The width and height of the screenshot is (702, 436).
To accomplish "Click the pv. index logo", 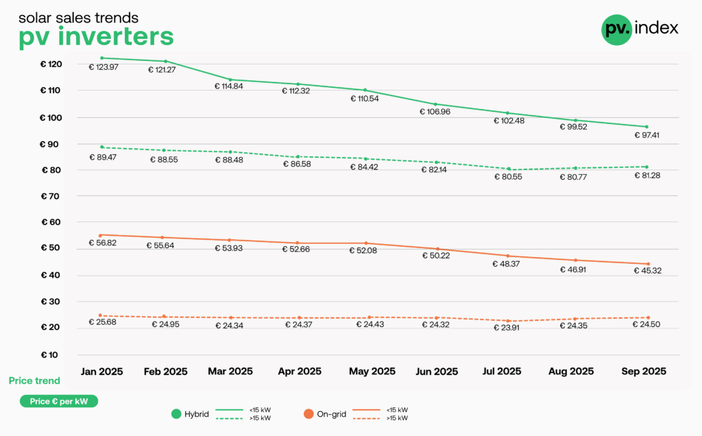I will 640,29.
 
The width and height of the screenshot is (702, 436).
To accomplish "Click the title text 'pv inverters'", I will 96,36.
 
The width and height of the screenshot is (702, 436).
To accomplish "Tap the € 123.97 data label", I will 104,67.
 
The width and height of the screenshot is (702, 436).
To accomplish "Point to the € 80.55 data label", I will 509,178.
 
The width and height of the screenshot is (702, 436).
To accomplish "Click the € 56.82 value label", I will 104,243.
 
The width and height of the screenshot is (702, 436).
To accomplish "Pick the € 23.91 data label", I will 509,328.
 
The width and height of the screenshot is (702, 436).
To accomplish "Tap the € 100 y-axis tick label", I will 51,117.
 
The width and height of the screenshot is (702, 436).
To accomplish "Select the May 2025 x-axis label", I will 372,372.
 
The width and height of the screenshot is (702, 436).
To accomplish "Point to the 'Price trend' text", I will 34,380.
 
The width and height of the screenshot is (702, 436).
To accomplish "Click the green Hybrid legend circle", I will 175,413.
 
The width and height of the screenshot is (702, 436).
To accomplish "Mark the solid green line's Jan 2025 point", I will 101,58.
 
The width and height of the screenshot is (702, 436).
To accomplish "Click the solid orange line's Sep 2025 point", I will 648,264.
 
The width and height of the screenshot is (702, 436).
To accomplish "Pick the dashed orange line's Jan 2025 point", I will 101,315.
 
